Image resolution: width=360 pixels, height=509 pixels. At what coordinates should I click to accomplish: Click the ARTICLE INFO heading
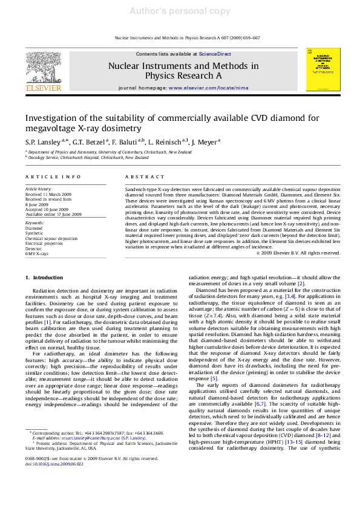(53, 176)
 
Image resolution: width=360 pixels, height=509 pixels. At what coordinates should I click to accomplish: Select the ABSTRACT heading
(143, 176)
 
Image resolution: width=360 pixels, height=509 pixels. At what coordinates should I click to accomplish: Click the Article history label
(38, 189)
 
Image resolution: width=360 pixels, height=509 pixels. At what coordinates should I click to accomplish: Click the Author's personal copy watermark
(180, 11)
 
